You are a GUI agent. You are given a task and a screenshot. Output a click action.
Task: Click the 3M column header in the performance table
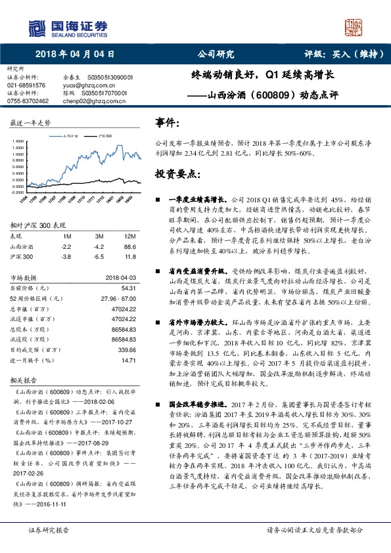coord(99,236)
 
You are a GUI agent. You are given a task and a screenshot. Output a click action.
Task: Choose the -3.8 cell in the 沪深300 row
coord(66,256)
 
